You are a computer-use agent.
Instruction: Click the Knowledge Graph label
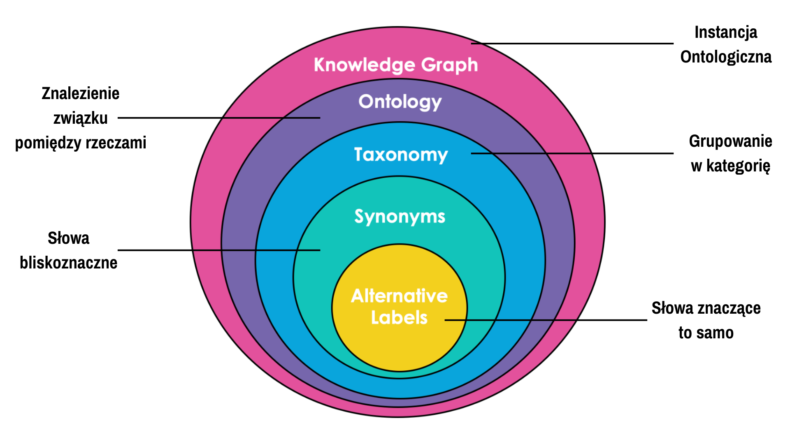pos(396,65)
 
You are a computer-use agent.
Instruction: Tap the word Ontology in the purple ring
pos(400,102)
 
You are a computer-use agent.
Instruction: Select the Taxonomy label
pos(401,155)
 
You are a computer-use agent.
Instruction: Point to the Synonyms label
pos(400,217)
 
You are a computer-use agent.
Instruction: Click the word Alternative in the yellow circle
pos(400,296)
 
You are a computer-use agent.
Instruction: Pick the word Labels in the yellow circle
pos(400,317)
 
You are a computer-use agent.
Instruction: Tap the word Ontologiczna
pos(726,57)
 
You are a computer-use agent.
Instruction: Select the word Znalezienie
pos(81,93)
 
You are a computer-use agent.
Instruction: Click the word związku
pos(81,118)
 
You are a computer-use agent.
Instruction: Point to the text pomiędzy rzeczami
pos(81,143)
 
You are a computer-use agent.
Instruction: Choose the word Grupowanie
pos(730,141)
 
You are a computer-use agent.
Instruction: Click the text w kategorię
pos(730,166)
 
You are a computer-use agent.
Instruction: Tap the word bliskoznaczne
pos(69,262)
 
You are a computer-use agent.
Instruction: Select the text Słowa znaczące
pos(706,308)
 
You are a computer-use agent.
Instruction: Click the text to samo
pos(706,333)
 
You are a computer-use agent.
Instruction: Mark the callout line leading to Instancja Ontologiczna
pos(572,43)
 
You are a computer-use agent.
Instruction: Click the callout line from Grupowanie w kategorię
pos(572,153)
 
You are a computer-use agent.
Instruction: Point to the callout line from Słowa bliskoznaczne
pos(219,250)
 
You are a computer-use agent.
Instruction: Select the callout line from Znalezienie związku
pos(219,118)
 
